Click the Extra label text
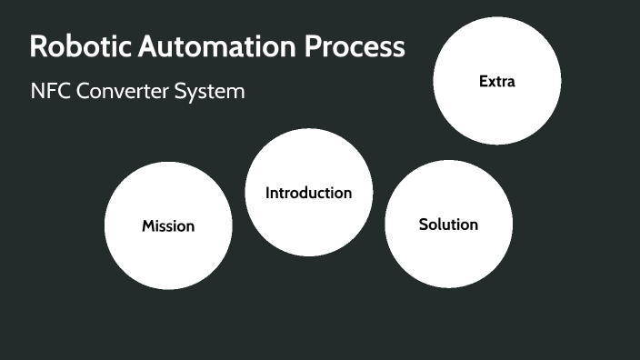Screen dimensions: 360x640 point(496,82)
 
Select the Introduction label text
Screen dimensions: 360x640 point(308,193)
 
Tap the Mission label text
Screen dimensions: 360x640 point(168,225)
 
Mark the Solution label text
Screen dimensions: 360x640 point(448,225)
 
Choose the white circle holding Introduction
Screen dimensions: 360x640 point(308,227)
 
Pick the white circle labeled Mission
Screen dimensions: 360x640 point(168,259)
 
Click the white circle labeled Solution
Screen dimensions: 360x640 point(448,259)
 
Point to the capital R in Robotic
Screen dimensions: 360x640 point(38,47)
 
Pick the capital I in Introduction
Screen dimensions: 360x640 point(267,193)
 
